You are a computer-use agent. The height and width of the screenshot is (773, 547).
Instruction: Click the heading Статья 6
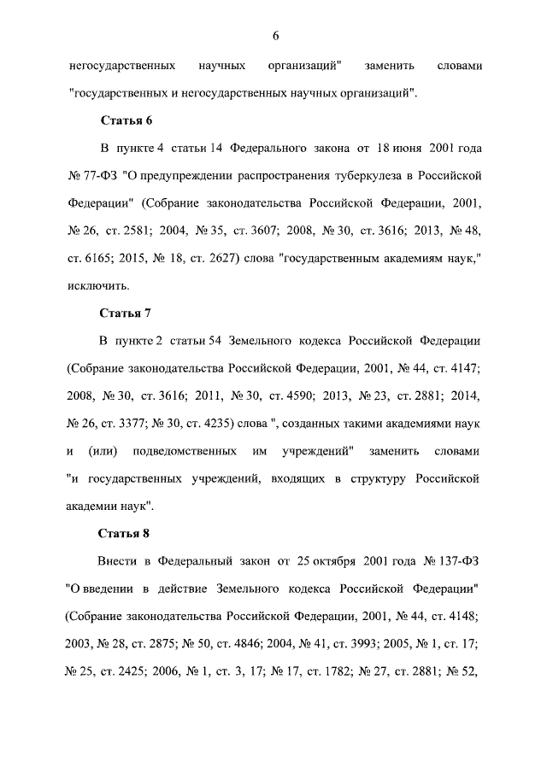(x=126, y=120)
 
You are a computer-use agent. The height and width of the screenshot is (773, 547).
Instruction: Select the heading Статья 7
(x=126, y=313)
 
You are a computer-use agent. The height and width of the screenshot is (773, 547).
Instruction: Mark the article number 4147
(x=462, y=368)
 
